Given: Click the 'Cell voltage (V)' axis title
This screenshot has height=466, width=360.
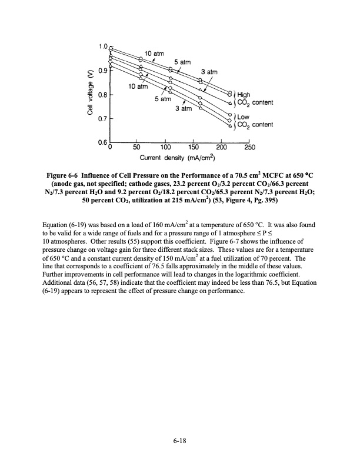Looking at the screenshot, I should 90,94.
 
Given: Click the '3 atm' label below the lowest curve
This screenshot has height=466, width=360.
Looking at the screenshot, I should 184,109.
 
